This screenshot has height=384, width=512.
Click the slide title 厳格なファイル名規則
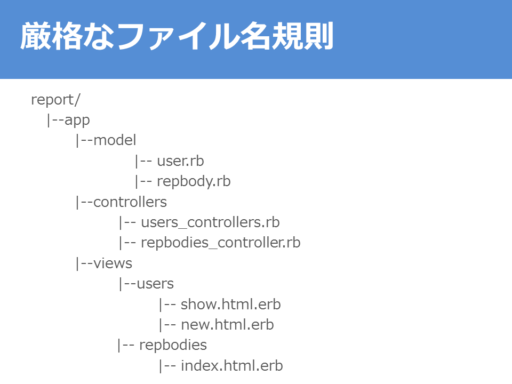177,36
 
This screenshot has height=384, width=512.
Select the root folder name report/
55,100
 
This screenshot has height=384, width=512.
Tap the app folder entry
77,120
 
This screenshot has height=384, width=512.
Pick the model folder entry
115,140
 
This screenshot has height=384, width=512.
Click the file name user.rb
181,161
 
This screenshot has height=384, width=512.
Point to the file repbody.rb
194,181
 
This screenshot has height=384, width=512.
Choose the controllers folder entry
130,202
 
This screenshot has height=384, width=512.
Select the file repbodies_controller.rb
220,243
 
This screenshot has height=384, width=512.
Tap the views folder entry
113,263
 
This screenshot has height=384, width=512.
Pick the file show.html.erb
230,305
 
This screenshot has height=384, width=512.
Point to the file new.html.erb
227,325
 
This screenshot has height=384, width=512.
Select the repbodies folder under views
173,345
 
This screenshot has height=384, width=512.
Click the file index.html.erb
232,366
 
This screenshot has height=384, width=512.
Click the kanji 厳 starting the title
35,36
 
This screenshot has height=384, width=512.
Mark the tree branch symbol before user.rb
143,161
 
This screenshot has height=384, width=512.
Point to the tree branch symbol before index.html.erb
167,366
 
